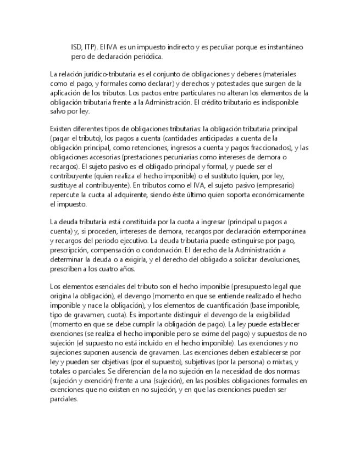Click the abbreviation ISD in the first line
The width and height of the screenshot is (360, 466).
(x=77, y=47)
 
